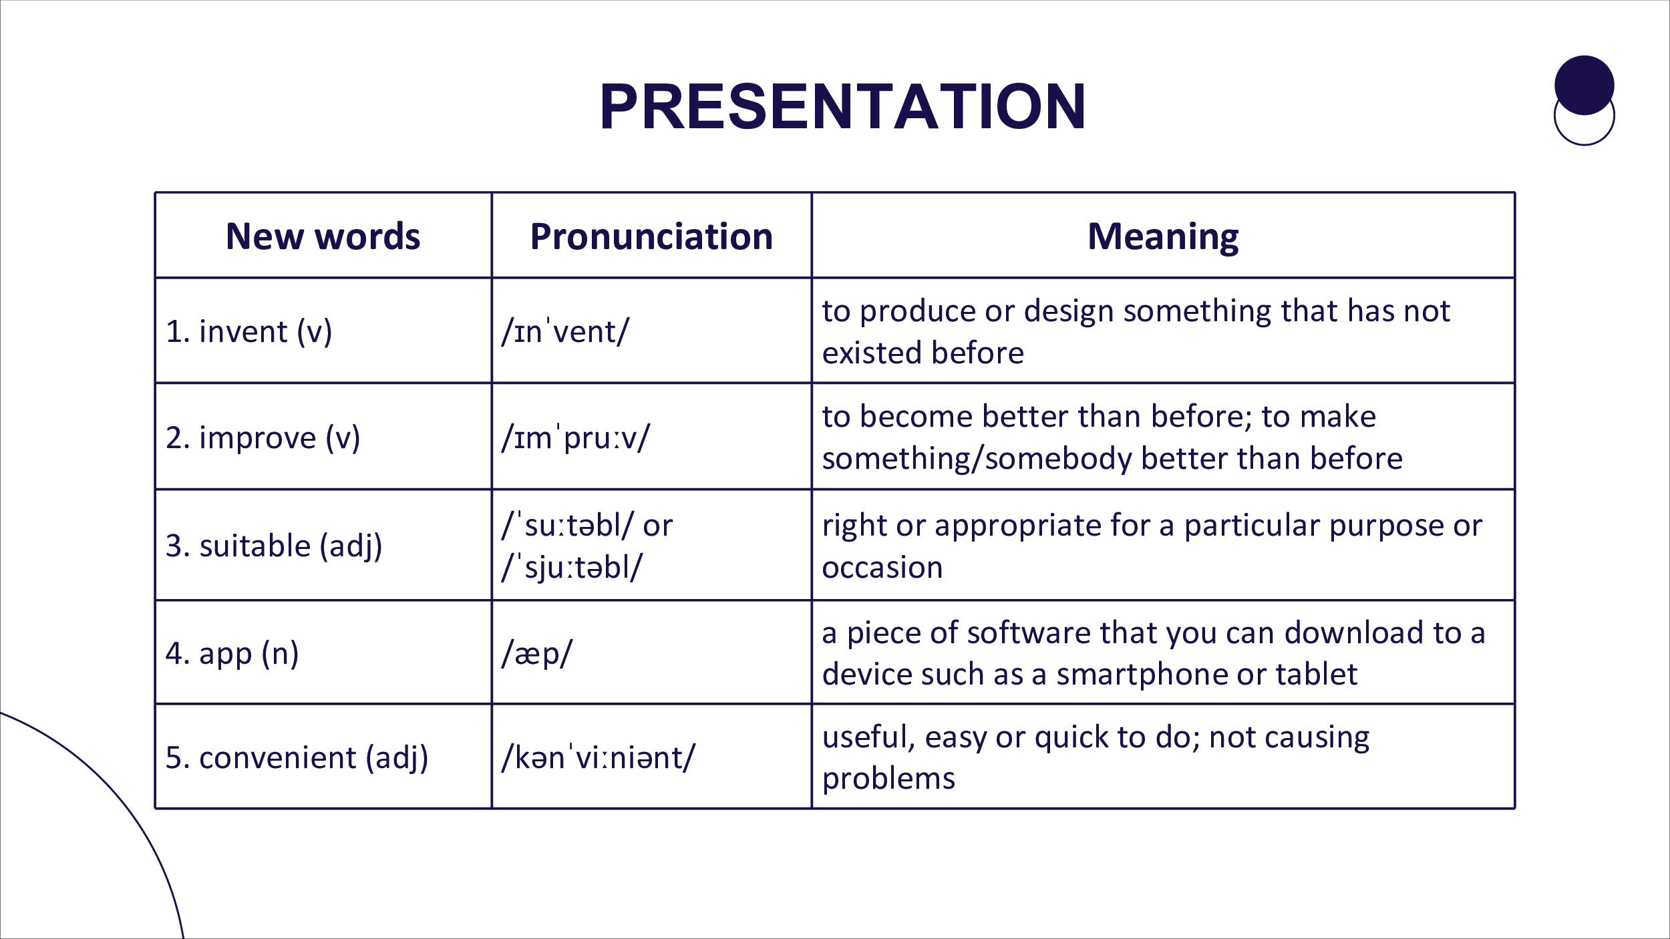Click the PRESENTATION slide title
[842, 107]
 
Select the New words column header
[323, 236]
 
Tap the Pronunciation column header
[651, 236]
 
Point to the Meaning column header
[1163, 237]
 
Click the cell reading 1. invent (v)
[248, 332]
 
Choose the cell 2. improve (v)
[263, 438]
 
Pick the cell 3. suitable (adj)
[274, 546]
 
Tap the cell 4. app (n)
[232, 653]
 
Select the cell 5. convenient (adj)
[297, 758]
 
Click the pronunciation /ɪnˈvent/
[565, 332]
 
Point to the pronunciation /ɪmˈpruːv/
[575, 438]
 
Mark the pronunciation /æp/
[537, 653]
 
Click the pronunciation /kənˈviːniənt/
[599, 758]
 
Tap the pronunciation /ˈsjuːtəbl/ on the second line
[572, 568]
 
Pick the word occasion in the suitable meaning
[882, 568]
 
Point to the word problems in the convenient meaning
[888, 779]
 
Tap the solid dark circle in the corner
[1584, 85]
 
